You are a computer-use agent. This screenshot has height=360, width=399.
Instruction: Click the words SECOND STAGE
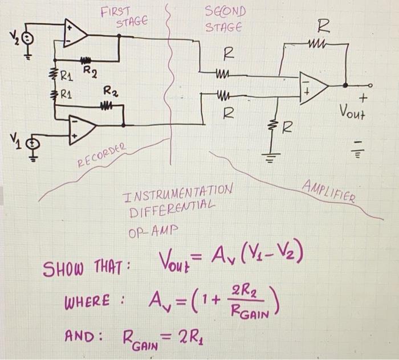coord(224,19)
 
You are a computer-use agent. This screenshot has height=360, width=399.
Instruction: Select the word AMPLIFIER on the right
coord(329,191)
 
